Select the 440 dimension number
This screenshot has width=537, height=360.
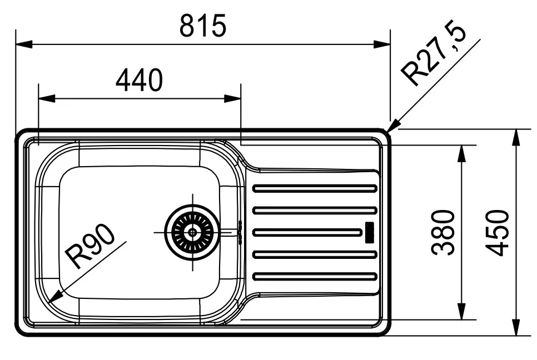pyautogui.click(x=139, y=81)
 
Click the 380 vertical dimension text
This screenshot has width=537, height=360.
pyautogui.click(x=445, y=232)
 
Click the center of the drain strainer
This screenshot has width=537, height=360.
pyautogui.click(x=192, y=232)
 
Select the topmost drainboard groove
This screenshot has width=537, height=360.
pyautogui.click(x=314, y=188)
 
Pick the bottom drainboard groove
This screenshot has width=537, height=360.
pyautogui.click(x=314, y=276)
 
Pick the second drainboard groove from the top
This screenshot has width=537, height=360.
pyautogui.click(x=314, y=210)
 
